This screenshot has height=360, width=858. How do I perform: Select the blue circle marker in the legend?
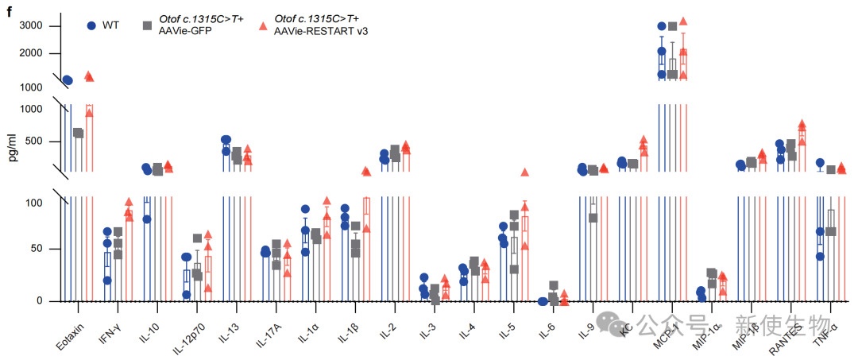(x=91, y=25)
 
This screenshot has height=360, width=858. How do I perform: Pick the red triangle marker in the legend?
(x=263, y=25)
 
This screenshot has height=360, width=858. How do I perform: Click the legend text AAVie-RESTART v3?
(x=321, y=31)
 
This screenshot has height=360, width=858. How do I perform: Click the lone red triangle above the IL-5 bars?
(x=524, y=172)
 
